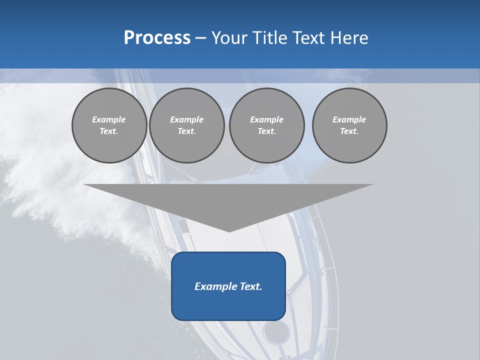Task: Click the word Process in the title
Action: coord(157,38)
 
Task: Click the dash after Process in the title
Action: coord(200,38)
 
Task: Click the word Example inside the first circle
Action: coord(109,119)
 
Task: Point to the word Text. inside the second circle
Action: coord(187,131)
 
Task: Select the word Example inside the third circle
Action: coord(266,119)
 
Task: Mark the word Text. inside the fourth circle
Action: coord(349,131)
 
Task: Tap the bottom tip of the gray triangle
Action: coord(229,230)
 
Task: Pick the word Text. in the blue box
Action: coord(251,286)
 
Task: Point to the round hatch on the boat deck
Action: coord(276,331)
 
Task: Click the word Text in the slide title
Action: coord(308,38)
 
